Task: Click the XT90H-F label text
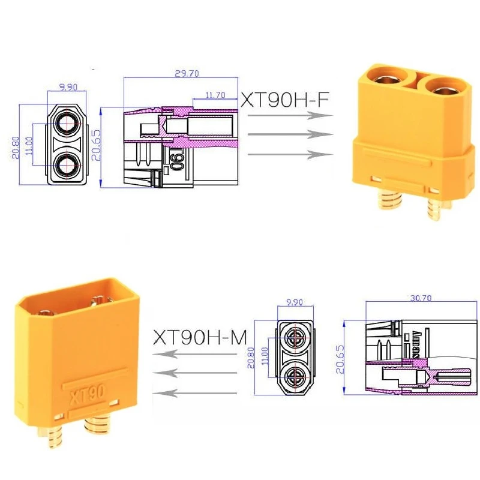pyautogui.click(x=285, y=100)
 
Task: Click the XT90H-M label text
pyautogui.click(x=200, y=337)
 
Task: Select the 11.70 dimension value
pyautogui.click(x=215, y=95)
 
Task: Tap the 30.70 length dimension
pyautogui.click(x=421, y=298)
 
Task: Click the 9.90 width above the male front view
pyautogui.click(x=294, y=304)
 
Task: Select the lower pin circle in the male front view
pyautogui.click(x=294, y=377)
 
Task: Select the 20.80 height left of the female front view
pyautogui.click(x=15, y=145)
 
